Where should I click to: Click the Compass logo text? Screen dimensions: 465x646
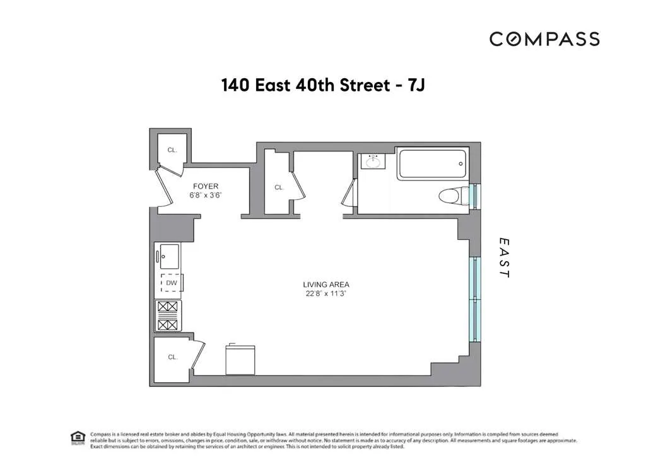tap(544, 39)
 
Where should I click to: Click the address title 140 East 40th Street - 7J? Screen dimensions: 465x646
tap(323, 86)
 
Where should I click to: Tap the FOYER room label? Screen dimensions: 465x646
tap(206, 186)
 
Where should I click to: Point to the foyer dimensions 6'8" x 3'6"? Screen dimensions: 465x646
tap(206, 196)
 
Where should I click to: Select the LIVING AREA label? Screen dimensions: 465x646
tap(326, 285)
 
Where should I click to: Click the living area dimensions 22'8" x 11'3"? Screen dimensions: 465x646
tap(326, 294)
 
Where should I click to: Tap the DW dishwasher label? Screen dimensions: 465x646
tap(172, 284)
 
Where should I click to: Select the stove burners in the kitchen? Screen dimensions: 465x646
tap(168, 315)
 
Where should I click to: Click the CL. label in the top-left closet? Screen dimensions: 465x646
tap(172, 150)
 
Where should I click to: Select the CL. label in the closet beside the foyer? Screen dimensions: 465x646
tap(279, 187)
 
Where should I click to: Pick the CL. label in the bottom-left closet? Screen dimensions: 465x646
tap(172, 357)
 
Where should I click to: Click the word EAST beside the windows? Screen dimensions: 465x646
tap(503, 257)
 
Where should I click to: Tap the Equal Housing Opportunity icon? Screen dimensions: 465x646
tap(77, 437)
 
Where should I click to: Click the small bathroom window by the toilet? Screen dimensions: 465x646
tap(476, 194)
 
